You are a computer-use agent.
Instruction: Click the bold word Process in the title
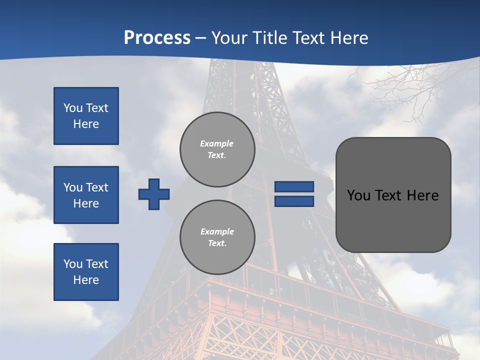click(157, 38)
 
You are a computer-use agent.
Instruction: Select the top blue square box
click(86, 116)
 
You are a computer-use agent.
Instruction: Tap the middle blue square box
click(86, 195)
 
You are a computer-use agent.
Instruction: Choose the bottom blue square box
click(86, 272)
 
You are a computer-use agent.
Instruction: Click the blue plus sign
click(154, 194)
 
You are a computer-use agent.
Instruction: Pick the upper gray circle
click(217, 149)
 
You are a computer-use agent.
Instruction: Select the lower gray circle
click(217, 237)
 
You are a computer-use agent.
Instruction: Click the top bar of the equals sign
click(294, 187)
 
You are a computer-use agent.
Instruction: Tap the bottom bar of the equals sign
click(294, 201)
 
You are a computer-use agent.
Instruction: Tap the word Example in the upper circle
click(217, 143)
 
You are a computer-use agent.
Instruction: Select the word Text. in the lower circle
click(217, 243)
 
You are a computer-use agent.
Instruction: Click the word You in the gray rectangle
click(358, 195)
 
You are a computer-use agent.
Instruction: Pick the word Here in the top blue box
click(86, 124)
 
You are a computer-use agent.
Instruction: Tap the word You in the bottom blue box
click(73, 264)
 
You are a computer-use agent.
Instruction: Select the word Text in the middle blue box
click(97, 187)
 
